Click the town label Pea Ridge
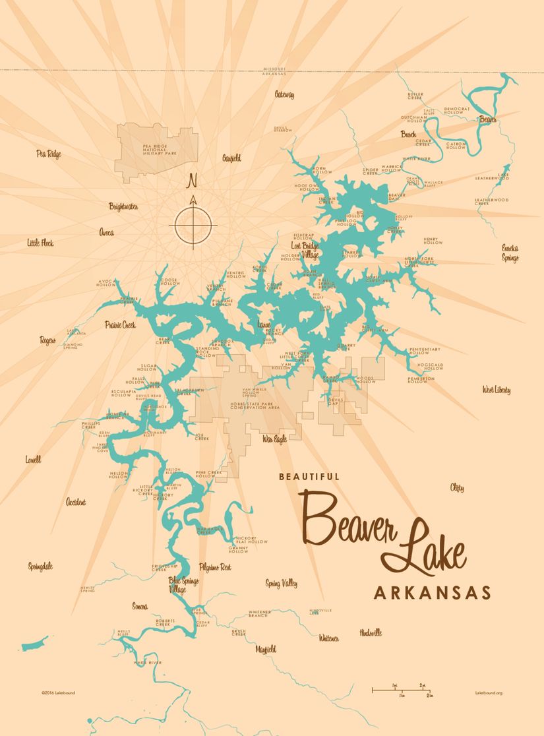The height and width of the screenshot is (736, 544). [49, 154]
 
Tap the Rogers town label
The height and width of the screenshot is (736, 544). [47, 340]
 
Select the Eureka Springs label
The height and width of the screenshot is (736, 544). [510, 253]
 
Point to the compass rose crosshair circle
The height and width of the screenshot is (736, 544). [193, 225]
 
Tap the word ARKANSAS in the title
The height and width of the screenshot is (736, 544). [432, 592]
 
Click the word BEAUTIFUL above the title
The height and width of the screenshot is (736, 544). [309, 476]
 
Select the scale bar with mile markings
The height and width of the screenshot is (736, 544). [402, 690]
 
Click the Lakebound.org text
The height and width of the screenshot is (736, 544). [489, 693]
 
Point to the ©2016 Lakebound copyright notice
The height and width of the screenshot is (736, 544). [57, 693]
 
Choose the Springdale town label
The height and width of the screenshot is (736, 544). [40, 567]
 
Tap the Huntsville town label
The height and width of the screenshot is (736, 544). [371, 632]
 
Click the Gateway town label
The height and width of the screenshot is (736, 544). [284, 95]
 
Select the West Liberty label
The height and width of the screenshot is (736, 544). [496, 390]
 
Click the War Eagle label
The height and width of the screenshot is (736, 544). [274, 439]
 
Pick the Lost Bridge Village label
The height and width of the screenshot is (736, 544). [305, 249]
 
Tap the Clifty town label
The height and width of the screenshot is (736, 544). [457, 488]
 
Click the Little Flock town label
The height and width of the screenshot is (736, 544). [40, 243]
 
